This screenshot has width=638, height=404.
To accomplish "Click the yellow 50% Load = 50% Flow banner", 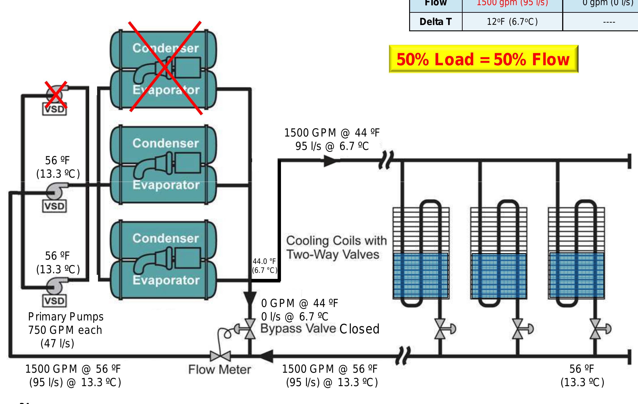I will click(483, 59).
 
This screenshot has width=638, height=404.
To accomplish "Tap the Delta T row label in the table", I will click(436, 22).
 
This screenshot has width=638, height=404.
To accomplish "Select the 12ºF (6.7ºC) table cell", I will click(512, 22).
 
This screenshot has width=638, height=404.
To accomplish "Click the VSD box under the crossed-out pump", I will click(54, 109).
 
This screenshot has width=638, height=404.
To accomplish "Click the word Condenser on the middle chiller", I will click(166, 143).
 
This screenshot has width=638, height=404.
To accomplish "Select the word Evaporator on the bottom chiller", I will click(166, 280).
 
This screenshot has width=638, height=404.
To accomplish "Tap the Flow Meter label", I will click(219, 369).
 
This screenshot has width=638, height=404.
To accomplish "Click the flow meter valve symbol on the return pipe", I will click(220, 356).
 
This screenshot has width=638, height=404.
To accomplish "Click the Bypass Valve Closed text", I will click(320, 329).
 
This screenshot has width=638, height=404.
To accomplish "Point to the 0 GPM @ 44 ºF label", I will click(299, 303).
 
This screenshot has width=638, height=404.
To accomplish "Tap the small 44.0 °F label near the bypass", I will click(264, 261).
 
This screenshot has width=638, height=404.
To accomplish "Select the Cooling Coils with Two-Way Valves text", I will click(336, 247).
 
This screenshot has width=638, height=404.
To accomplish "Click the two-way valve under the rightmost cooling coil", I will click(595, 329).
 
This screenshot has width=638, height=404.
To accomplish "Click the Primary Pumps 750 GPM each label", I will click(66, 323).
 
